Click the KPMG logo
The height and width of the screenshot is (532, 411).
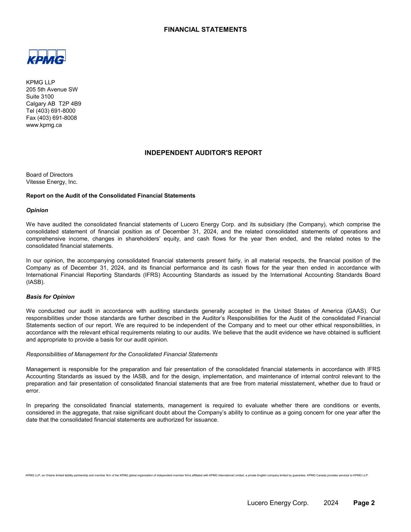46,57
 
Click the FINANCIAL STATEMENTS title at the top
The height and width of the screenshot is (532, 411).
205,30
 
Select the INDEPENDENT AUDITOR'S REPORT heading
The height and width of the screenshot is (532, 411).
203,153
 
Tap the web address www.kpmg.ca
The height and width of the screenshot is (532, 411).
44,125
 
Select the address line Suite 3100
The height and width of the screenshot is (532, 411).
40,97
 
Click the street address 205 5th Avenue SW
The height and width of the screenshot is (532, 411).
52,90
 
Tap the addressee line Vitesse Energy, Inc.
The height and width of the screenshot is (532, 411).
51,182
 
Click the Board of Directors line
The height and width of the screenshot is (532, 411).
49,175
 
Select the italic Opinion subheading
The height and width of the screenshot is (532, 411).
37,210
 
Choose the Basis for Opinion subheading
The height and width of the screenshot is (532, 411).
50,297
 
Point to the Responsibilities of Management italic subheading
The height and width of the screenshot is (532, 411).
122,354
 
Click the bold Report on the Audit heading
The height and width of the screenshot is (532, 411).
111,196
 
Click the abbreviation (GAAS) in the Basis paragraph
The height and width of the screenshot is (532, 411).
355,311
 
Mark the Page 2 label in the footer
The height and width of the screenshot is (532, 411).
364,503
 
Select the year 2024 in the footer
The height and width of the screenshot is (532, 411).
331,503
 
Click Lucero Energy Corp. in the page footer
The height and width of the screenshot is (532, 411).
278,503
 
